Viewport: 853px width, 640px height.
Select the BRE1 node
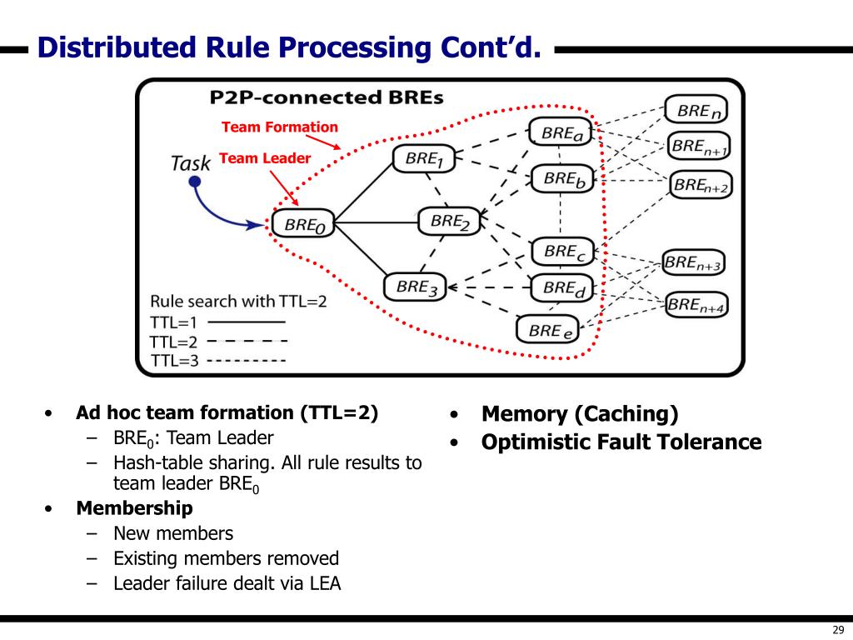(x=423, y=158)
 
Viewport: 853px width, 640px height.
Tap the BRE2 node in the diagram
(x=449, y=221)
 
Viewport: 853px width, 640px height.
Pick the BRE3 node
(x=415, y=287)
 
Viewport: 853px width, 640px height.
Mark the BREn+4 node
(x=697, y=304)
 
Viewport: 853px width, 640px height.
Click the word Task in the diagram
(x=190, y=162)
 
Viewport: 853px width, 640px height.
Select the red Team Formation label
(x=280, y=127)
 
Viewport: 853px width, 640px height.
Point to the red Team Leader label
(x=265, y=158)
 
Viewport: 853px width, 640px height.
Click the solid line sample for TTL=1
(x=246, y=321)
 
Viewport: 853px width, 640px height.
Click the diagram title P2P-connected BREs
(x=326, y=97)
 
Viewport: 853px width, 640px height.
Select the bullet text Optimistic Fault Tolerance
(x=621, y=442)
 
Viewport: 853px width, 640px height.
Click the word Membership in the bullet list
(x=134, y=508)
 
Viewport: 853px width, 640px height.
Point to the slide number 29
(x=837, y=629)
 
